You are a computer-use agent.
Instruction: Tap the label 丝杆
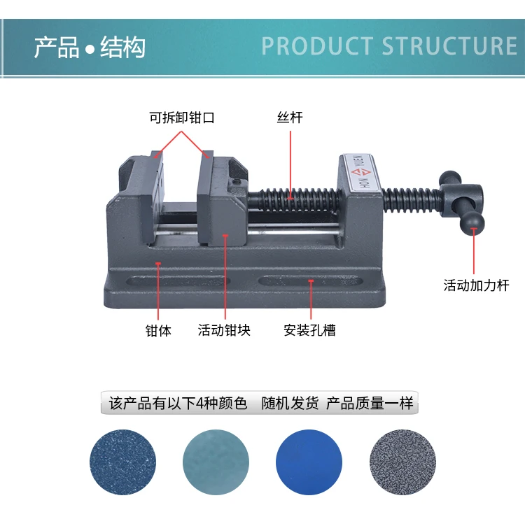click(x=290, y=118)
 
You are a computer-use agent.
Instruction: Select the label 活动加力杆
click(x=476, y=285)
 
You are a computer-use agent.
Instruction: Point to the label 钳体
click(x=158, y=330)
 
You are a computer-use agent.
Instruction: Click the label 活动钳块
click(x=224, y=330)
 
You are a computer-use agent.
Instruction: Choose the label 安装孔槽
click(x=310, y=330)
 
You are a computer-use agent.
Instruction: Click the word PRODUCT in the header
click(x=316, y=46)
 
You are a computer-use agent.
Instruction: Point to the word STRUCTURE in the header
click(x=449, y=46)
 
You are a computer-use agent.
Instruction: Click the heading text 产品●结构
click(x=90, y=48)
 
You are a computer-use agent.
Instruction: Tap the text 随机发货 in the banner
click(x=290, y=404)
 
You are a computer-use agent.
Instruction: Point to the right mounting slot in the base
click(x=309, y=281)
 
